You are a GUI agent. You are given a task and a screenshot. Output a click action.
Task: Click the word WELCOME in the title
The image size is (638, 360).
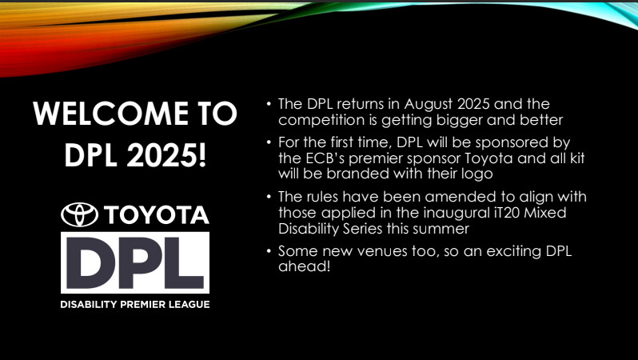110,114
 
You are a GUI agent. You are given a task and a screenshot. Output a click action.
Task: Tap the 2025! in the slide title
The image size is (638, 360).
166,155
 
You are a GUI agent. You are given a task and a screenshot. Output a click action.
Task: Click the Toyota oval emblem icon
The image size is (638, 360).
80,214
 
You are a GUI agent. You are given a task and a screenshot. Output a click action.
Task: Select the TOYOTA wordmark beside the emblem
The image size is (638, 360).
157,215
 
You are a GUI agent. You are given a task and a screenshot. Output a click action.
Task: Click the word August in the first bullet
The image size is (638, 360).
429,105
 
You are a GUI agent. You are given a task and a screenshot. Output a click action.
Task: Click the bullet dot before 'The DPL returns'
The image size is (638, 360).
269,103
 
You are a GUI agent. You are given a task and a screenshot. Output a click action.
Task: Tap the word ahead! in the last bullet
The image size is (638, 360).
305,266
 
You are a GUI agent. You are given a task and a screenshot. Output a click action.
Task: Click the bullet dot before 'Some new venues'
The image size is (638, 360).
269,250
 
